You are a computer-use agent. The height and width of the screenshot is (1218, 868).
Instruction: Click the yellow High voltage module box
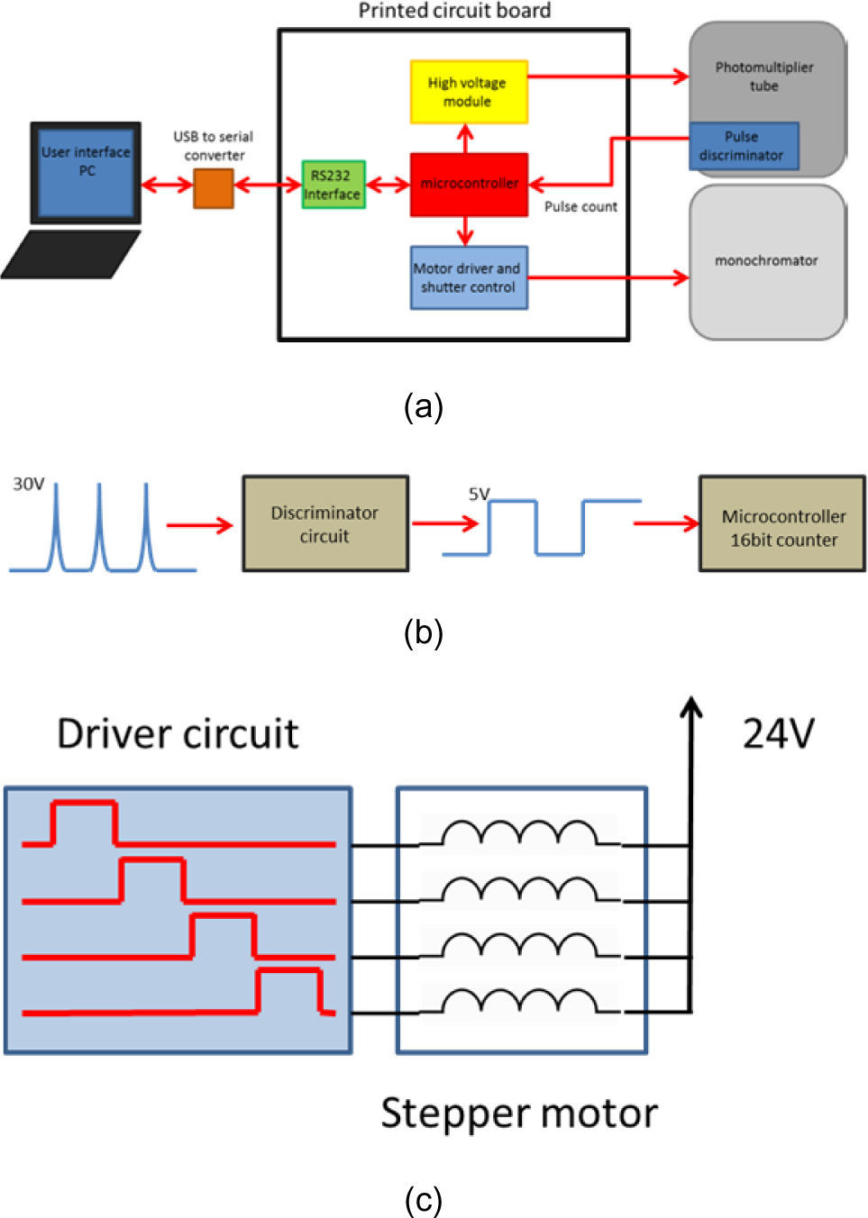click(469, 92)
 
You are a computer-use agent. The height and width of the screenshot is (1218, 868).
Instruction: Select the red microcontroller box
click(469, 185)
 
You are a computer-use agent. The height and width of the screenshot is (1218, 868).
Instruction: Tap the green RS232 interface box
click(333, 185)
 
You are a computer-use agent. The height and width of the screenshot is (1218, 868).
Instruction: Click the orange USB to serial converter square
click(214, 188)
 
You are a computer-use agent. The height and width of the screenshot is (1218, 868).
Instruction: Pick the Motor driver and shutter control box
click(469, 277)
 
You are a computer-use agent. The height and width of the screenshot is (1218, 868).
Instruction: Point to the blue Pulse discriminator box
click(744, 146)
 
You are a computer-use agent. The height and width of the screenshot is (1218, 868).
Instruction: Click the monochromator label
click(766, 261)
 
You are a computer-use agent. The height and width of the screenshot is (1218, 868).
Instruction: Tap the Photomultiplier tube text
click(764, 77)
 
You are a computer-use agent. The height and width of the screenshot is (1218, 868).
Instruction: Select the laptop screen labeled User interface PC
click(86, 173)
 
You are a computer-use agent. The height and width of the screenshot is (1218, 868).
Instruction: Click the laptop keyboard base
click(70, 254)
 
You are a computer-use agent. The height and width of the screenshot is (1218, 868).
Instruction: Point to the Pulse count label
click(580, 206)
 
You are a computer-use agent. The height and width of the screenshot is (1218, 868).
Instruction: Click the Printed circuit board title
click(454, 10)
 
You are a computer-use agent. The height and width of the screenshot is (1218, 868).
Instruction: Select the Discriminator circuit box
click(325, 523)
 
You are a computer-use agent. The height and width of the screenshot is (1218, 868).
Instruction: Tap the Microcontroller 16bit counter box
click(782, 523)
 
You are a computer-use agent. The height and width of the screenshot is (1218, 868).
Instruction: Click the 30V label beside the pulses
click(28, 484)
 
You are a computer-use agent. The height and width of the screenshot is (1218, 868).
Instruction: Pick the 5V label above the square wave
click(480, 494)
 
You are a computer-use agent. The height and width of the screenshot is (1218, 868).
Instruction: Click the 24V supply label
click(778, 734)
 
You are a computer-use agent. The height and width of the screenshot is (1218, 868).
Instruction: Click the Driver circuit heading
click(178, 734)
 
